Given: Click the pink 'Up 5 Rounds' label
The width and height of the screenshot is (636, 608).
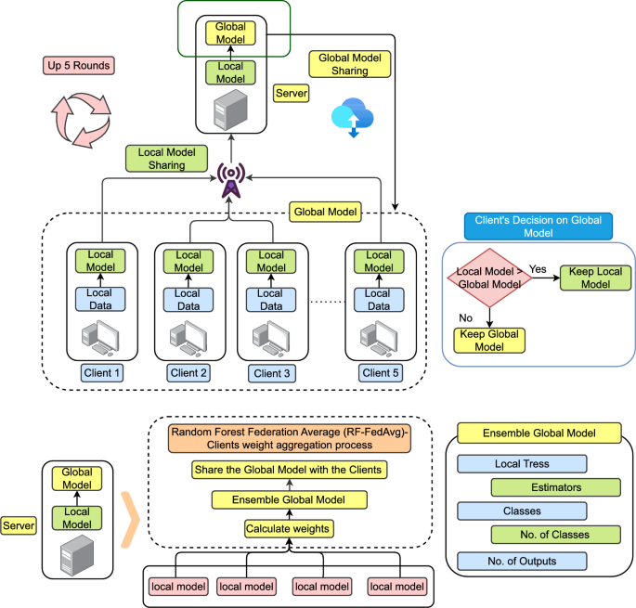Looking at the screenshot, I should click(x=79, y=66).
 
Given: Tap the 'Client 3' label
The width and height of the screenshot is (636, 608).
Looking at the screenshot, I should click(x=271, y=373).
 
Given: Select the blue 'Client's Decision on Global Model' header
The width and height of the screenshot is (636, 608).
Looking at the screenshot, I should click(x=538, y=226).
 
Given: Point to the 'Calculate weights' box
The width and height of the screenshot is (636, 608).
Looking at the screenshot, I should click(x=288, y=528).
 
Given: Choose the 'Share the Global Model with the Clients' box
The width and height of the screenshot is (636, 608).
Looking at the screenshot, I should click(x=289, y=470).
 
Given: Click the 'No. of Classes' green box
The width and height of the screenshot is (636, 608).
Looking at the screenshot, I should click(x=555, y=535).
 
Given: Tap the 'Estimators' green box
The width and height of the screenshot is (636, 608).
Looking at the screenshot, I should click(x=555, y=485).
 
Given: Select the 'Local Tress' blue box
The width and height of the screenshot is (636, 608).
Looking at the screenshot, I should click(x=522, y=463).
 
